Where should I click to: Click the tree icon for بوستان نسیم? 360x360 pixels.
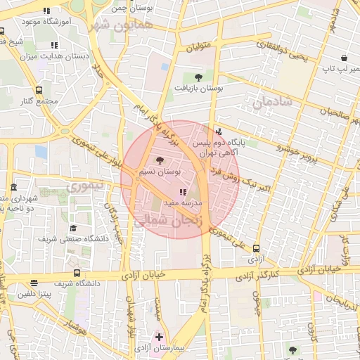coord(159,160)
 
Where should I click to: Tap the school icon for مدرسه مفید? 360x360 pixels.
coord(183,191)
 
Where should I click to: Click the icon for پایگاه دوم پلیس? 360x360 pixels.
coord(218,131)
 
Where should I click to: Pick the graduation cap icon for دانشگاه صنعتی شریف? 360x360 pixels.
coord(73,229)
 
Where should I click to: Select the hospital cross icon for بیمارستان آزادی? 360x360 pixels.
coord(159,337)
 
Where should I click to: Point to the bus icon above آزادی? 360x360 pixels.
coord(256,248)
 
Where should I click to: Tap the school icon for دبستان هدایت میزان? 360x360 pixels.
coord(54,45)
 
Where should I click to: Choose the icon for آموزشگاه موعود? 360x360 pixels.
coord(47,11)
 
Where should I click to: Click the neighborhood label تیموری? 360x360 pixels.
coord(84,186)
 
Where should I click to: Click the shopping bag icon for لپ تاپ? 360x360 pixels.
coord(344,58)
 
